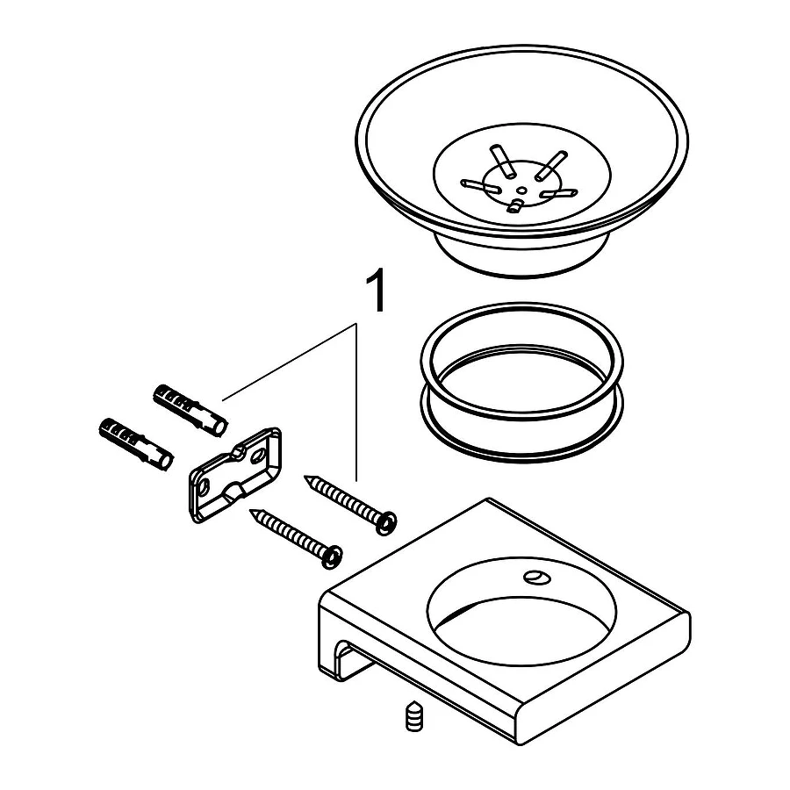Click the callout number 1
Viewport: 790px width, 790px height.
point(375,291)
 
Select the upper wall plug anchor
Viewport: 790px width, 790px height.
point(190,410)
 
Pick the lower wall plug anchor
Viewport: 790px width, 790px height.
point(137,444)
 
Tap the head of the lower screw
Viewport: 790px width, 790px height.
point(332,557)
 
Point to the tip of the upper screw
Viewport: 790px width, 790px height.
point(305,478)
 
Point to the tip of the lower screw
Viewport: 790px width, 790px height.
point(251,512)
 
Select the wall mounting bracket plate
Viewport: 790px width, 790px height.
point(234,474)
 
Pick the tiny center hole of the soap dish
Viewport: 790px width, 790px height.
point(522,190)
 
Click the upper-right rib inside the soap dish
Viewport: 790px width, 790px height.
point(550,166)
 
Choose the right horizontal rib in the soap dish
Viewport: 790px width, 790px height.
point(558,193)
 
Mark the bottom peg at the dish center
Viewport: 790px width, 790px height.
point(515,205)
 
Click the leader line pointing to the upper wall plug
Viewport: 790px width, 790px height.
point(289,363)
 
